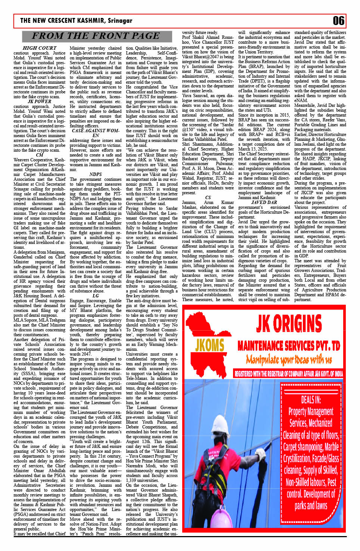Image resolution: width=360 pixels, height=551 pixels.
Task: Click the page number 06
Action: click(x=338, y=21)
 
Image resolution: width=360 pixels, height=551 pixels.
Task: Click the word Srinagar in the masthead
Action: click(x=120, y=21)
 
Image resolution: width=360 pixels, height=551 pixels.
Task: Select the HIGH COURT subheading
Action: click(x=40, y=48)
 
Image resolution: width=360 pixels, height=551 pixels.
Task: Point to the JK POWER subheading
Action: click(x=40, y=101)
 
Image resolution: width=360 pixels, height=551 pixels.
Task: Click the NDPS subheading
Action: click(x=96, y=174)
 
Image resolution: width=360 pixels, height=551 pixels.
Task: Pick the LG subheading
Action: click(x=96, y=295)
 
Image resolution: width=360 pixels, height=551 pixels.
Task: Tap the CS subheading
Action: click(x=208, y=198)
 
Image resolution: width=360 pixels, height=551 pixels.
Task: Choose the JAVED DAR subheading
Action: click(x=264, y=202)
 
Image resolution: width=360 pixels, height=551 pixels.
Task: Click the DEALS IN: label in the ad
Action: click(x=311, y=399)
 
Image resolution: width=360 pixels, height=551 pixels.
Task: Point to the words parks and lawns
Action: click(x=311, y=506)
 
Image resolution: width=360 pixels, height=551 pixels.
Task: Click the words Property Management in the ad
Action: click(x=311, y=412)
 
